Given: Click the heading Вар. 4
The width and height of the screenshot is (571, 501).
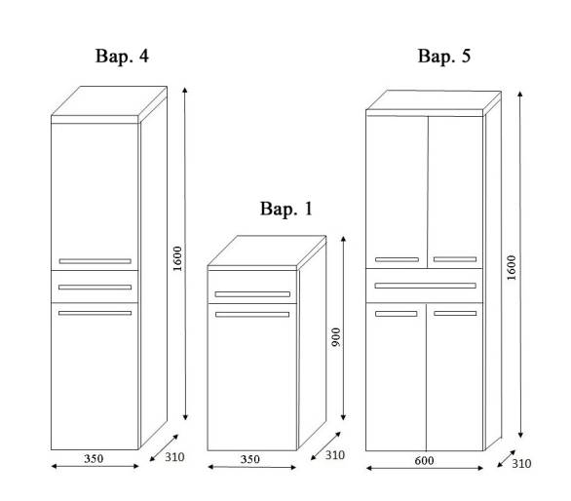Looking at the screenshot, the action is (x=122, y=57).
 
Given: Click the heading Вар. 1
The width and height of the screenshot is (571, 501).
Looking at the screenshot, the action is (x=286, y=209).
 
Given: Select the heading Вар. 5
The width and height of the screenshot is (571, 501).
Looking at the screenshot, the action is (x=444, y=57).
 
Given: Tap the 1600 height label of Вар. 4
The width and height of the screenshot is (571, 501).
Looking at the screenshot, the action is (x=177, y=258).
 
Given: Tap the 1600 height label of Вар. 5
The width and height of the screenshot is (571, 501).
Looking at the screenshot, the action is (x=512, y=268).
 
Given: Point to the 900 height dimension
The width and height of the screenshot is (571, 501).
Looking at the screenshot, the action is (x=336, y=337).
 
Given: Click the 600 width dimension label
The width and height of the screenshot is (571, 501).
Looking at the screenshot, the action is (x=424, y=461).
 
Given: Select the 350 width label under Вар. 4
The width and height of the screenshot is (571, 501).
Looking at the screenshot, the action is (x=94, y=458).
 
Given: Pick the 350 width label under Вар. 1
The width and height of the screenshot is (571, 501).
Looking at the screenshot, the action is (x=250, y=459).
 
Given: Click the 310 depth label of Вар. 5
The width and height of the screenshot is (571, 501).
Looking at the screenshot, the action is (x=521, y=463).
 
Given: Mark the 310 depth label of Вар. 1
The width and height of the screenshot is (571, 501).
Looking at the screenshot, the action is (x=335, y=455).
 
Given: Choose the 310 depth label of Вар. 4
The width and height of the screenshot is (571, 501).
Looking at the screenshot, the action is (x=174, y=457).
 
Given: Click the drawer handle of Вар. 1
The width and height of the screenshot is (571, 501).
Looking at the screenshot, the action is (x=252, y=294).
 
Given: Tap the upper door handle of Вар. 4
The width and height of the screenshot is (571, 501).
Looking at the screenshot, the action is (x=95, y=261).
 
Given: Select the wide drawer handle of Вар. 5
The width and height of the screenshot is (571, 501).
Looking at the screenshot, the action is (x=426, y=286).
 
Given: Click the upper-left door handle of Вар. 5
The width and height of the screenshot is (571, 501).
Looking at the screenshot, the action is (x=397, y=260).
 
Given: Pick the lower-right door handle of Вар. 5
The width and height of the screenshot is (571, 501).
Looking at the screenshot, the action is (x=455, y=313).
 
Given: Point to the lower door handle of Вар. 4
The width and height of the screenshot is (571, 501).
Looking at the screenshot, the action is (x=95, y=313).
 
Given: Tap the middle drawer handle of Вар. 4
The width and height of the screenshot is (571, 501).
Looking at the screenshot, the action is (x=95, y=288).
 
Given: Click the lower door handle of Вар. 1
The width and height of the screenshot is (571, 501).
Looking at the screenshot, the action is (x=252, y=315).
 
